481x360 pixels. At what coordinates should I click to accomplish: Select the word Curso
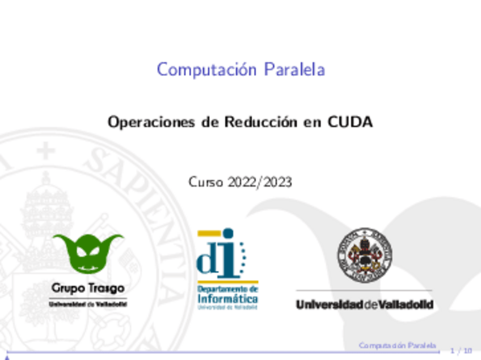pyautogui.click(x=206, y=183)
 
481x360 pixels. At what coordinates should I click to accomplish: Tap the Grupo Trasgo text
pyautogui.click(x=88, y=288)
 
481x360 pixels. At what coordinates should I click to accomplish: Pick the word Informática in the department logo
pyautogui.click(x=227, y=298)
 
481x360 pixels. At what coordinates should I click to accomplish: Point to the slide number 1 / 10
pyautogui.click(x=461, y=351)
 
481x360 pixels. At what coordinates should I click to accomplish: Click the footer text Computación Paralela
pyautogui.click(x=398, y=345)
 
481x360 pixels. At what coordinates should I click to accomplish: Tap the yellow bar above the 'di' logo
pyautogui.click(x=208, y=232)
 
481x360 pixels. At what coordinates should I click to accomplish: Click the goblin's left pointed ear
pyautogui.click(x=61, y=241)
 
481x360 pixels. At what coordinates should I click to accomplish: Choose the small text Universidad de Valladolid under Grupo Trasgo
pyautogui.click(x=88, y=304)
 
